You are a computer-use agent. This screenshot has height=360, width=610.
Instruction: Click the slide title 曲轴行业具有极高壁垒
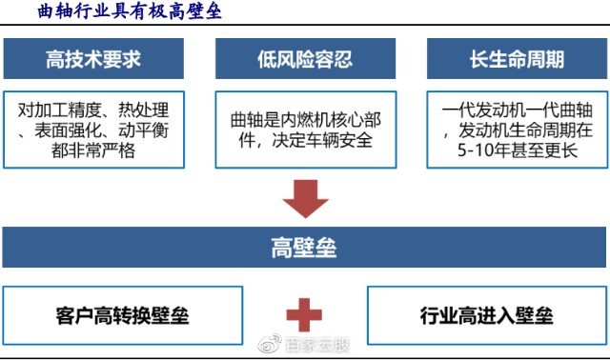coord(130,10)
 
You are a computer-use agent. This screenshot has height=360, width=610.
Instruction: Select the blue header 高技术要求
coord(93,59)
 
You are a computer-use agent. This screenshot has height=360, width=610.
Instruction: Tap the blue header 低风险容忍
coord(305,59)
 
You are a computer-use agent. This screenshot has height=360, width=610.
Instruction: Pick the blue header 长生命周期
coord(517,59)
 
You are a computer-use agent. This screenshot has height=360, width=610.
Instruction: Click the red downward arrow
coord(305,198)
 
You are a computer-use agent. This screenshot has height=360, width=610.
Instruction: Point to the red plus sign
coord(304,315)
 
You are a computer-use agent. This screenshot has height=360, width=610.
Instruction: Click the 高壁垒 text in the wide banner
coord(304,248)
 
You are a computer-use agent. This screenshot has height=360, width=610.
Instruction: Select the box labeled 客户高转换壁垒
coord(123,315)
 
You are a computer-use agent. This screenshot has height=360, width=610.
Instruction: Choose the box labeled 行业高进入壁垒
coord(487,315)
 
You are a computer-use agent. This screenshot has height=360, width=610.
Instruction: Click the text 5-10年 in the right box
coord(483,150)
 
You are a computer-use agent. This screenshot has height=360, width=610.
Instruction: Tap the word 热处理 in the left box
coord(144,110)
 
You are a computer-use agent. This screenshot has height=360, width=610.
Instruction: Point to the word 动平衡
coord(144,130)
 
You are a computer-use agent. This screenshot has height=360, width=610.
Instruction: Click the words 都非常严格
coord(93,150)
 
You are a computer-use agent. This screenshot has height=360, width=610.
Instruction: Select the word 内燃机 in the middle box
coord(305,120)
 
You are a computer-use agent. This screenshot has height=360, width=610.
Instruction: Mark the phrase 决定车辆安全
coord(322,140)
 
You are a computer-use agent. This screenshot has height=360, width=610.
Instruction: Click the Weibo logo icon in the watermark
coord(270,344)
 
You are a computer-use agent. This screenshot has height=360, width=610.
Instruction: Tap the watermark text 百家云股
coord(317,345)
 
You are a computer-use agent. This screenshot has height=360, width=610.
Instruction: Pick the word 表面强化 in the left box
coord(68,130)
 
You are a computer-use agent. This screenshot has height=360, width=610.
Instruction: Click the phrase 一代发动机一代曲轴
coord(517,110)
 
